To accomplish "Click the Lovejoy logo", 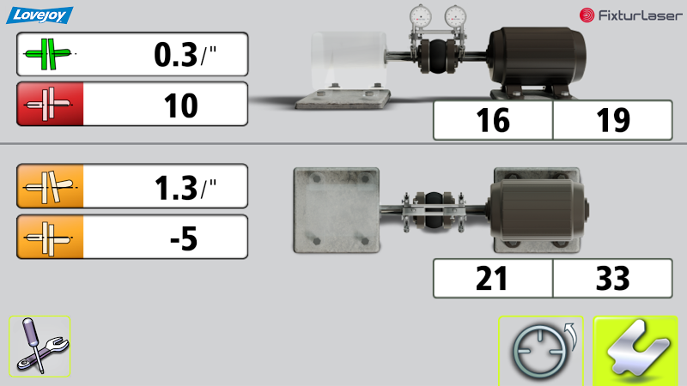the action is (40, 15).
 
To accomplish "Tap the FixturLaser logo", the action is (631, 15).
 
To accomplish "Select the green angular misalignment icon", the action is (48, 54).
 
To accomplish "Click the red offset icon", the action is (50, 104).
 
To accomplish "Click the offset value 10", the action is (180, 106).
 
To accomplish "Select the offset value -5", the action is (184, 238).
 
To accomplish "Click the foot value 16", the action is (493, 120).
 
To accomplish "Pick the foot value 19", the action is (613, 120).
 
